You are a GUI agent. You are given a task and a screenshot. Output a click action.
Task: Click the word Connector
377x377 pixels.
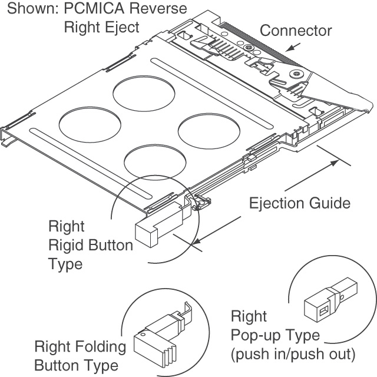coord(296,30)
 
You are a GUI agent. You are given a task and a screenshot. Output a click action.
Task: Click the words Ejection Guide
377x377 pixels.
coord(300,203)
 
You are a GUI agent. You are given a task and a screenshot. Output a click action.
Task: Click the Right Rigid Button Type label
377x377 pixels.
coord(82,244)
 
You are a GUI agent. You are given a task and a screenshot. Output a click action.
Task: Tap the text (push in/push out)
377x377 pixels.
coord(293,355)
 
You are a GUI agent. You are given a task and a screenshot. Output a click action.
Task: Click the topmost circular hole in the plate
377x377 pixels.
coord(144,94)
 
